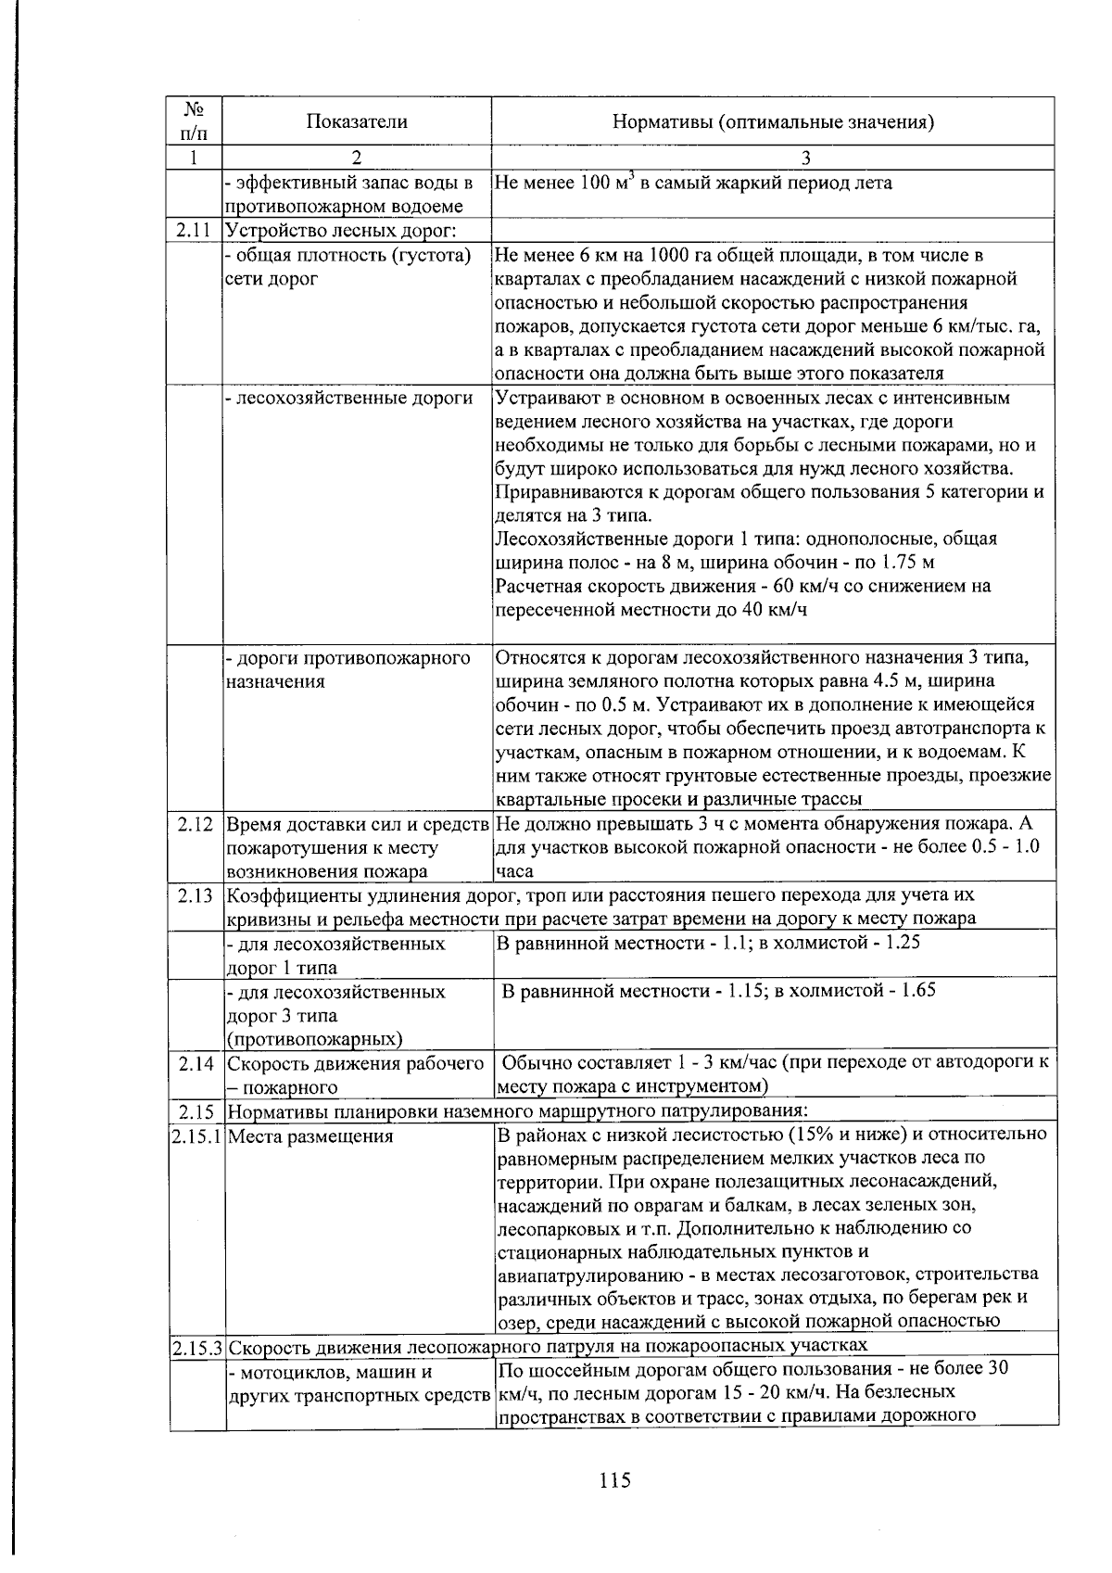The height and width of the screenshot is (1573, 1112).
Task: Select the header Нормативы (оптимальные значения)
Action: point(773,121)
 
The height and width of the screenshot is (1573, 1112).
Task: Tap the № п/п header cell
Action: point(196,121)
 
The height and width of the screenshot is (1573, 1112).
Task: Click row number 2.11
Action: point(196,230)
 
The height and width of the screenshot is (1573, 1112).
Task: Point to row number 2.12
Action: point(196,824)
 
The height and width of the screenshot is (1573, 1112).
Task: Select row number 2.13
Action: point(196,895)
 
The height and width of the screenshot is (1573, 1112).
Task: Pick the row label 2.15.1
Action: point(196,1135)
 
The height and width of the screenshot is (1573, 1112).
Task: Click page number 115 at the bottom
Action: point(613,1479)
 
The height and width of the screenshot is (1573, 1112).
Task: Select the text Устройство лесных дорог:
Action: point(345,230)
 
